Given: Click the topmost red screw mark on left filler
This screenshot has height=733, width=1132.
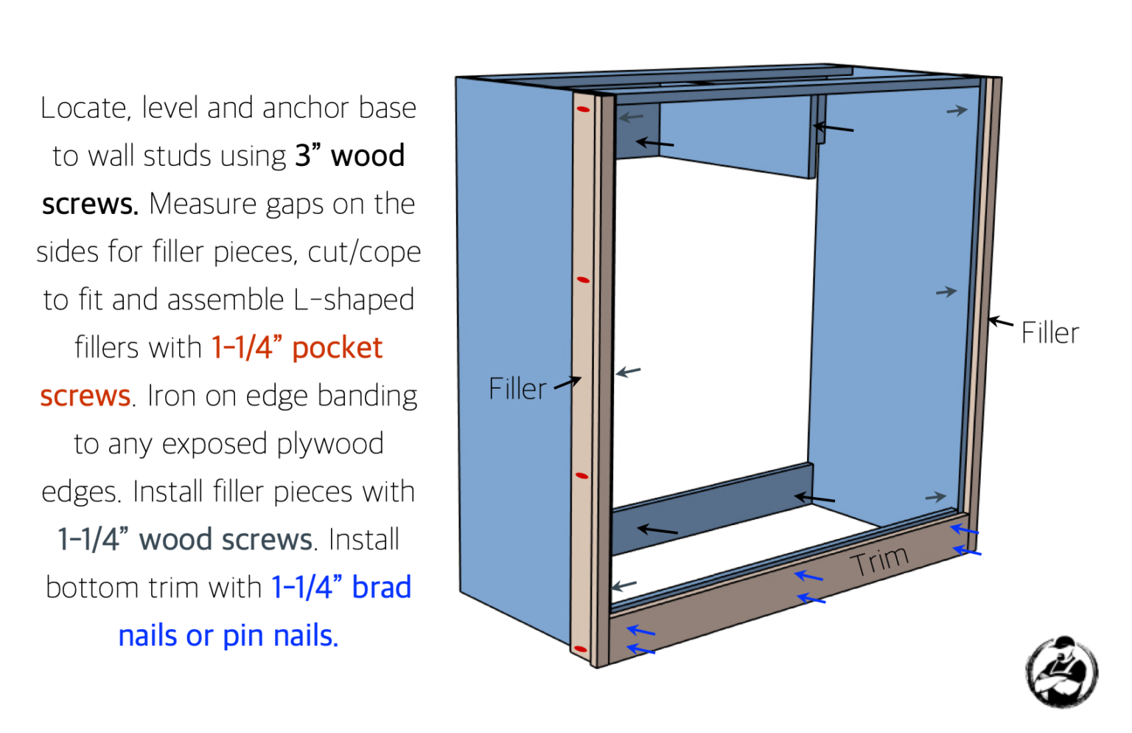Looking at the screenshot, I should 583,110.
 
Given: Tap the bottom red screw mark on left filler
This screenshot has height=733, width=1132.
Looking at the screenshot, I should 580,650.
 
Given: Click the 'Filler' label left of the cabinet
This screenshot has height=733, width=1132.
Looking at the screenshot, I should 517,389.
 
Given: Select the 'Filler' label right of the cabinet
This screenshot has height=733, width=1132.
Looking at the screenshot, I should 1049,333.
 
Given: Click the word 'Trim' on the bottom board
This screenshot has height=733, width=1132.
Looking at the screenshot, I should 879,562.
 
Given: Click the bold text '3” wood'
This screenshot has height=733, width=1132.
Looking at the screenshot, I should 350,156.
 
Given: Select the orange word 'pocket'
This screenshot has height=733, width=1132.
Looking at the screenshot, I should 338,348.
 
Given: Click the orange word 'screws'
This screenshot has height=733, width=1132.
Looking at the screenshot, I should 85,396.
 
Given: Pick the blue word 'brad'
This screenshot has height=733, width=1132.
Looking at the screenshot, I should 381,588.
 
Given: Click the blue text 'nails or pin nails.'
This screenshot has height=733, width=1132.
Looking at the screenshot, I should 228,636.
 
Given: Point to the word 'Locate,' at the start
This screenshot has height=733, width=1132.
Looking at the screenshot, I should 85,108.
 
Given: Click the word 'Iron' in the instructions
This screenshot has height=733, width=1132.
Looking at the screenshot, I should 172,396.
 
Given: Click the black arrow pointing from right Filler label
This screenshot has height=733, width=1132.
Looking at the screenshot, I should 1000,322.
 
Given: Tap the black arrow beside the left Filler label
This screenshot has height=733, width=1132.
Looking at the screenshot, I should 567,383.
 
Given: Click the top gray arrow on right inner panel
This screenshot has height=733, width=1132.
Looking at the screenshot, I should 957,111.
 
